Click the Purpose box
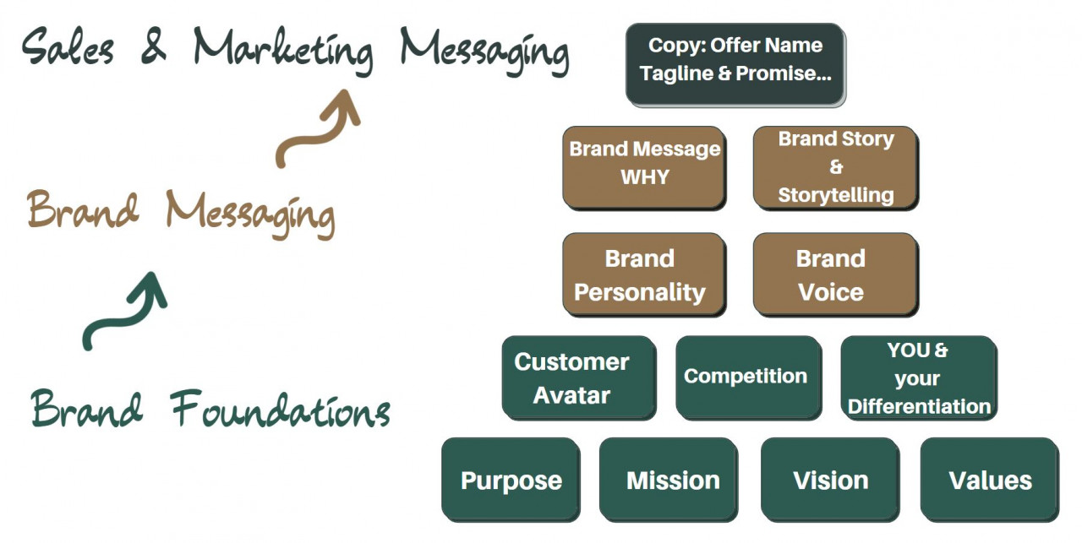[511, 480]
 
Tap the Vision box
[830, 480]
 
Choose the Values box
[989, 480]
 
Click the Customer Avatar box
[579, 377]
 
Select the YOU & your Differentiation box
[919, 377]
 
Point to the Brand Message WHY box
[644, 166]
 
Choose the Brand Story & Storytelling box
[835, 167]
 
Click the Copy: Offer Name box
[735, 64]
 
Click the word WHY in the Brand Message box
[644, 177]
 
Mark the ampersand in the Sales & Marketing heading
[153, 46]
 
